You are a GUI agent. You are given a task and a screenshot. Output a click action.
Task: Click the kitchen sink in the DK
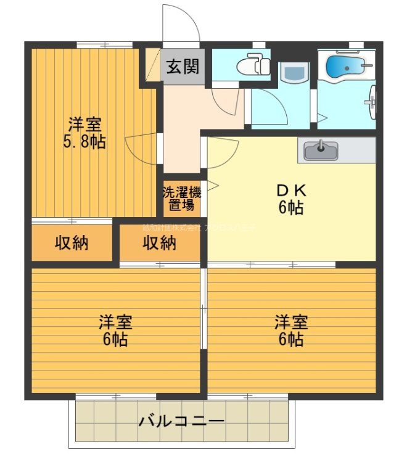click(x=321, y=149)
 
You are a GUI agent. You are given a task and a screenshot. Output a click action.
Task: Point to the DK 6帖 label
click(x=290, y=199)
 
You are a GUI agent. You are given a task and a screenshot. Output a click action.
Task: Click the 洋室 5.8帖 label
click(x=86, y=133)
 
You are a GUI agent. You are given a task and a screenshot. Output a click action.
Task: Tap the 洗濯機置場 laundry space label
click(x=181, y=198)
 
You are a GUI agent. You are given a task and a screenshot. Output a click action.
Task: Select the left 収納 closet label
click(x=72, y=243)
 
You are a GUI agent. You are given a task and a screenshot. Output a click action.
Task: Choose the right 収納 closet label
click(x=160, y=243)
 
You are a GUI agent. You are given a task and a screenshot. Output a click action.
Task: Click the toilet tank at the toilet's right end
click(x=265, y=64)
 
